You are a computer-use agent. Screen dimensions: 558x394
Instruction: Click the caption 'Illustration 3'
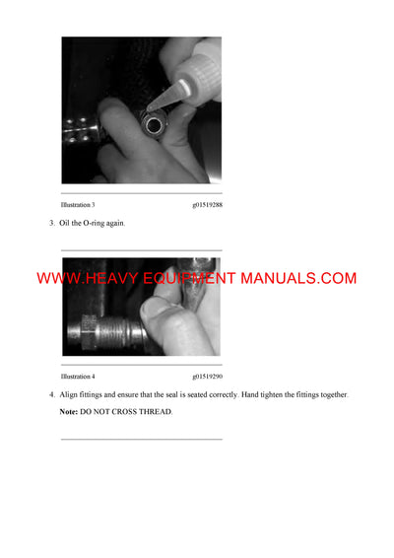point(78,205)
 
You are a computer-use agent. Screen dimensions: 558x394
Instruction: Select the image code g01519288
point(207,205)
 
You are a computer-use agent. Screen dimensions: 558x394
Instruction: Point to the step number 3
point(52,223)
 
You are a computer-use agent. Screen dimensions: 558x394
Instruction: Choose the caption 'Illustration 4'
point(78,377)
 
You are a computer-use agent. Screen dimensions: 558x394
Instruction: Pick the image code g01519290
point(207,377)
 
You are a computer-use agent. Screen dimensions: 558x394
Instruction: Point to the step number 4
point(52,394)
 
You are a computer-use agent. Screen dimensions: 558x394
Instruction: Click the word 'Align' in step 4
point(70,394)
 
